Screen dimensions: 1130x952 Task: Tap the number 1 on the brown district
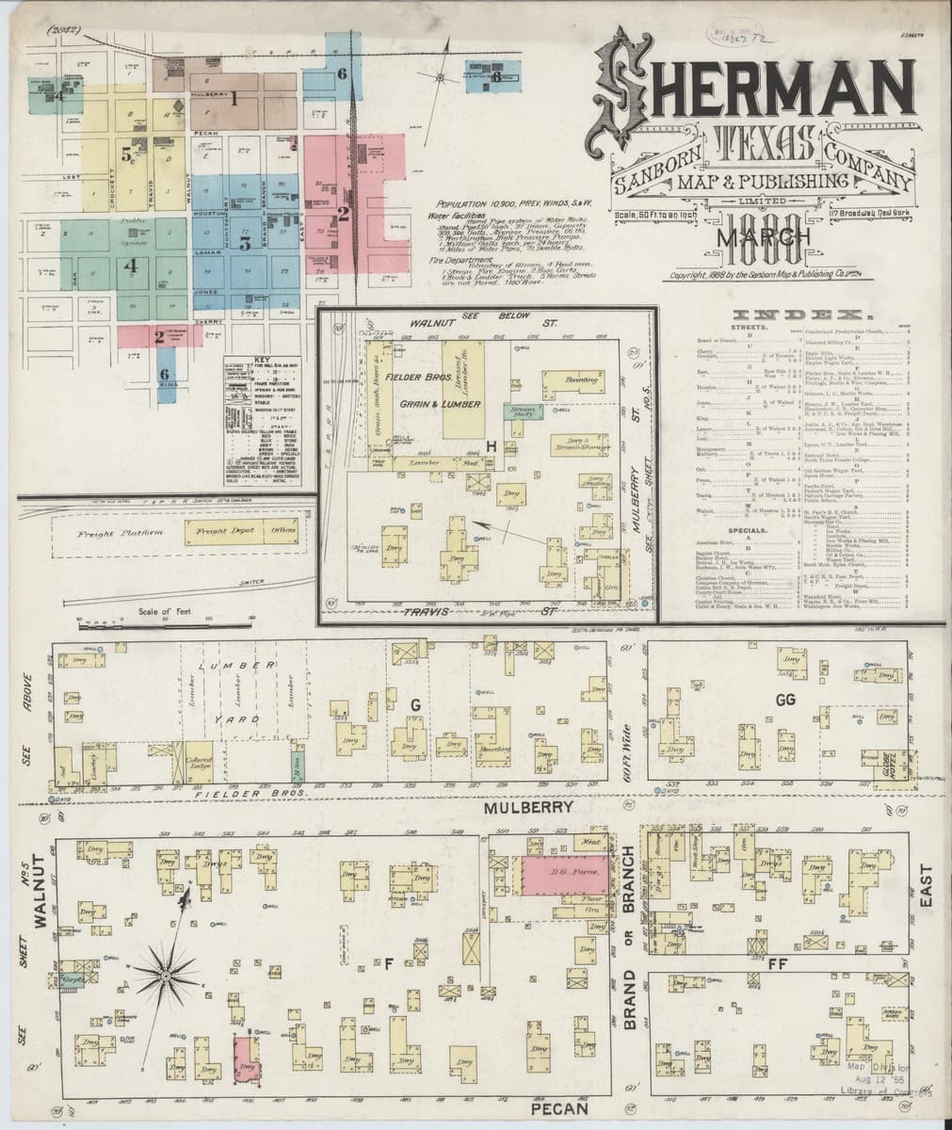[235, 99]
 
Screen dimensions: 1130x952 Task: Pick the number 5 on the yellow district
[125, 155]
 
